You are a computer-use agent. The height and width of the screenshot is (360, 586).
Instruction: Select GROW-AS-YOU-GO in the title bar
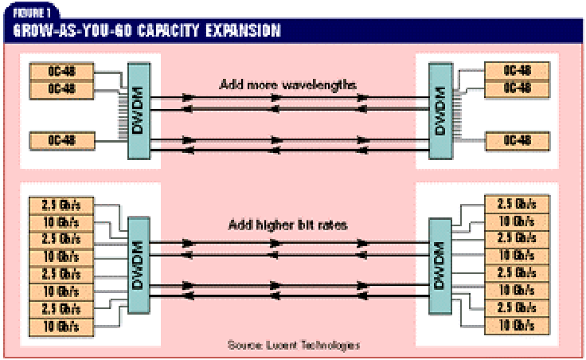(76, 32)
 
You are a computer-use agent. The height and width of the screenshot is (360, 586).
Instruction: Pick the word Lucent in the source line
(294, 346)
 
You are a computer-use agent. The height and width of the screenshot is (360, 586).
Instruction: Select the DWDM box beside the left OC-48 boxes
(138, 110)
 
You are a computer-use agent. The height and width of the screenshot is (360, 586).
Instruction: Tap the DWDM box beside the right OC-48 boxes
(436, 110)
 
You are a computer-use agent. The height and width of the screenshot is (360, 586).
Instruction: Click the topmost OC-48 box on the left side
(62, 70)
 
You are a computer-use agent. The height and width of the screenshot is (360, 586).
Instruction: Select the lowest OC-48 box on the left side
(62, 142)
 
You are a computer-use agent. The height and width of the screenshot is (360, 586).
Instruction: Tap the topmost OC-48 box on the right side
(518, 70)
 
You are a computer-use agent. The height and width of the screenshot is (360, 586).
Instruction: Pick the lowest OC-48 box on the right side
(518, 140)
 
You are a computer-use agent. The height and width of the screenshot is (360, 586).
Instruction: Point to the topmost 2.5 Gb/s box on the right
(517, 202)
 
